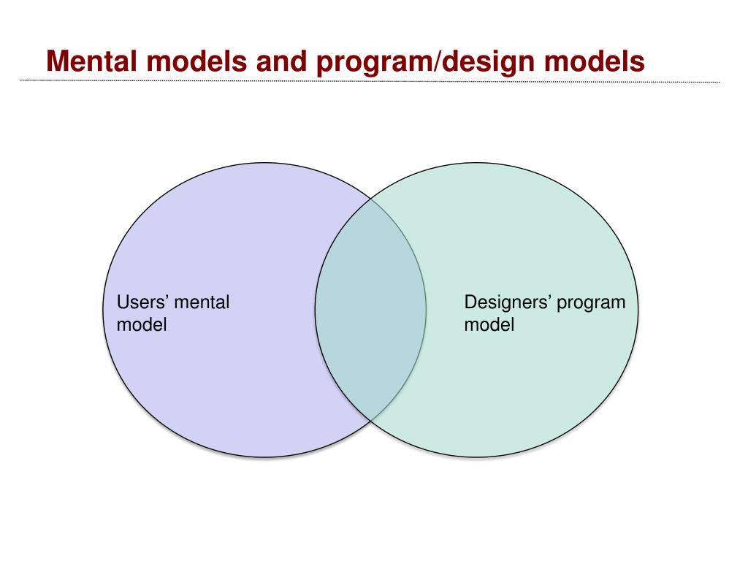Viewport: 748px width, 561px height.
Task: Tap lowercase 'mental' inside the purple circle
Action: tap(202, 302)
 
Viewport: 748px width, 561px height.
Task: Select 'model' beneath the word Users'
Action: tap(142, 324)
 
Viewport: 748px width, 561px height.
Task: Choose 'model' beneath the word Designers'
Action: tap(489, 324)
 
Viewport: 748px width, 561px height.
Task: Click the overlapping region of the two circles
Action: tap(370, 310)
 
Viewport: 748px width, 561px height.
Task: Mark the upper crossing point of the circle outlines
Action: tap(370, 198)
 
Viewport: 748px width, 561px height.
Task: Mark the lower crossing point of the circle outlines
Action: tap(370, 421)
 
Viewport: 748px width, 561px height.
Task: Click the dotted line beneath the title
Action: tap(365, 81)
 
